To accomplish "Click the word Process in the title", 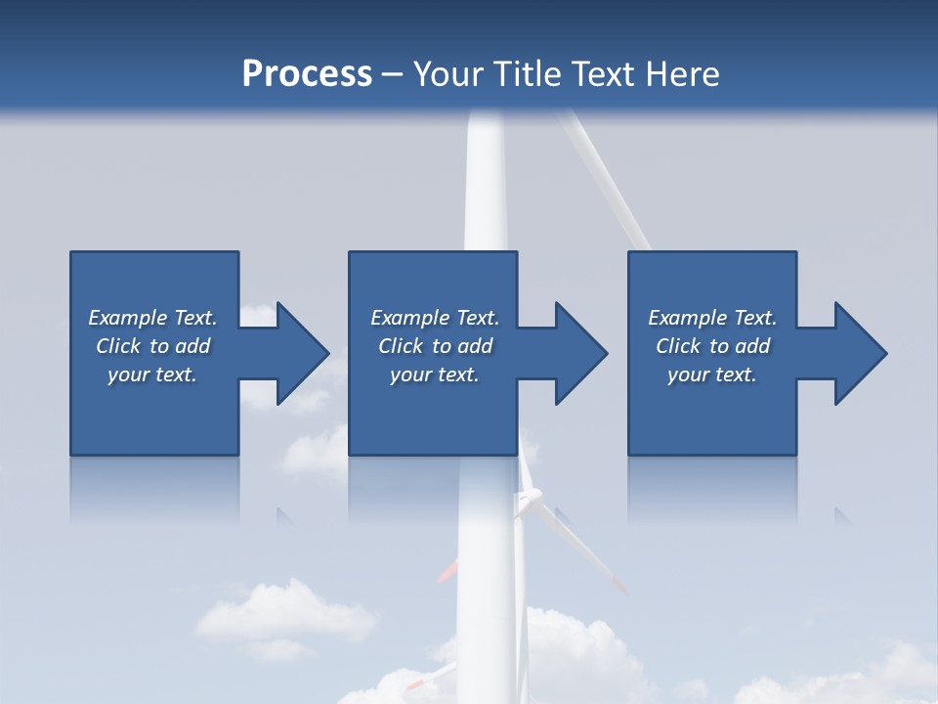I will pyautogui.click(x=307, y=74).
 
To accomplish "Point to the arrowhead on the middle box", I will pyautogui.click(x=579, y=353).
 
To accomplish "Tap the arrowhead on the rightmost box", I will pyautogui.click(x=859, y=353).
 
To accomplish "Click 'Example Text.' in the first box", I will pyautogui.click(x=152, y=318).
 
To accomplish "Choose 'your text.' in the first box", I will pyautogui.click(x=152, y=374).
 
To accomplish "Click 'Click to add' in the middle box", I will pyautogui.click(x=435, y=346).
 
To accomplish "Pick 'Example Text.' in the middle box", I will pyautogui.click(x=435, y=318).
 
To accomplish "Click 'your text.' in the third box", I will pyautogui.click(x=712, y=374).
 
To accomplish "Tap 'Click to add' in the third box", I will pyautogui.click(x=712, y=346).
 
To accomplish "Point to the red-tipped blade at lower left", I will pyautogui.click(x=448, y=571).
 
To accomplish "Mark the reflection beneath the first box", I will pyautogui.click(x=154, y=489).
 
